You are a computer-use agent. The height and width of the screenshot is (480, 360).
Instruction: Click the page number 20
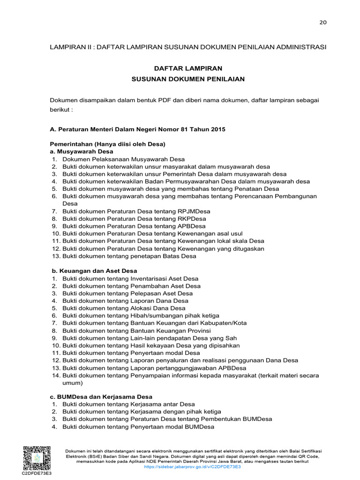click(323, 22)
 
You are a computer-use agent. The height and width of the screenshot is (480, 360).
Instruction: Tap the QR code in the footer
click(36, 457)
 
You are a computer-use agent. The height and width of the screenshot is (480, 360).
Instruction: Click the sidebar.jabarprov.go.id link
click(193, 467)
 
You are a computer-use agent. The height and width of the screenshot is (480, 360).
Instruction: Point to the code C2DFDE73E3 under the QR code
click(36, 473)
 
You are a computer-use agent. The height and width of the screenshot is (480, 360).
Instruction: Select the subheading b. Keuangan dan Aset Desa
click(94, 271)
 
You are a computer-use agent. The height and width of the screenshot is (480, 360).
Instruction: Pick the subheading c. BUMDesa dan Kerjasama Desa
click(101, 397)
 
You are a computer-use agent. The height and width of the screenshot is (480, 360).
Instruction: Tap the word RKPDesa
click(192, 219)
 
